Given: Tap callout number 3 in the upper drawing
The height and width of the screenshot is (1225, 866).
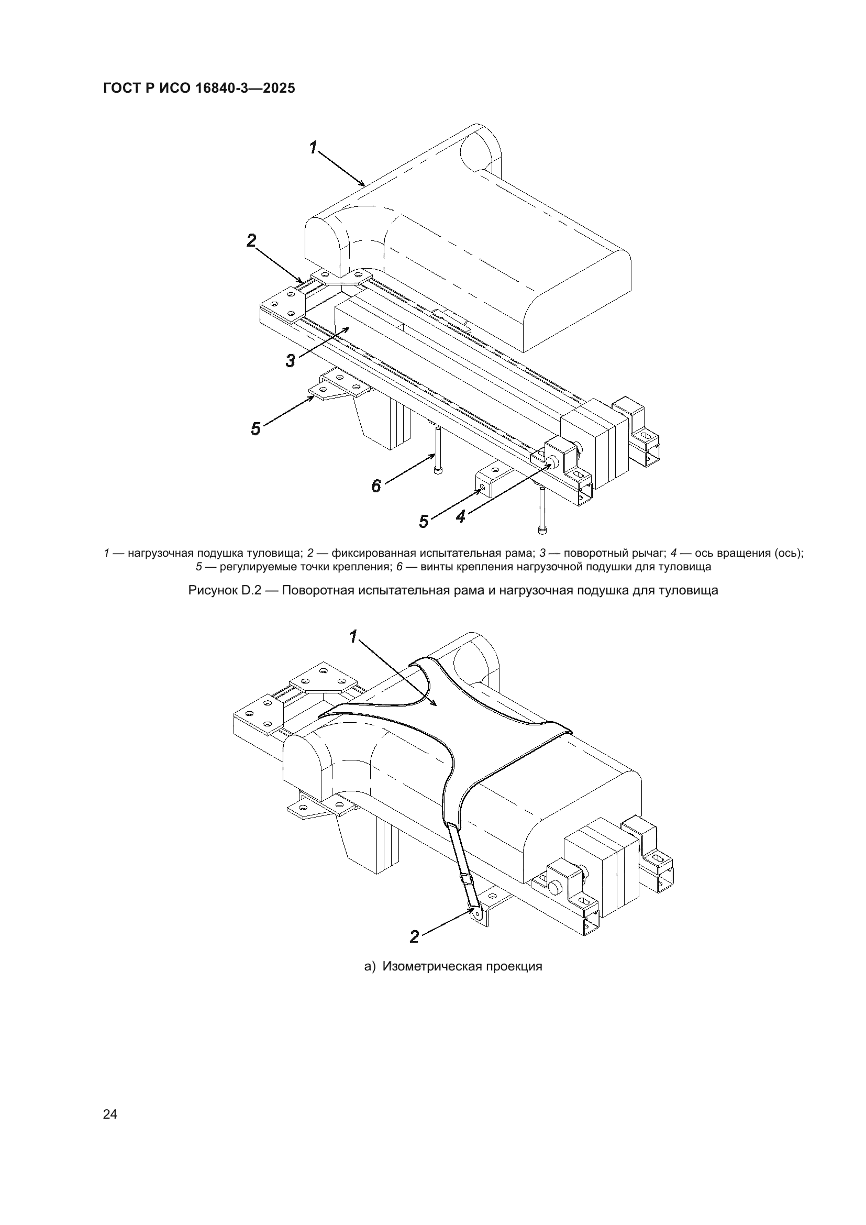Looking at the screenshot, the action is [x=290, y=361].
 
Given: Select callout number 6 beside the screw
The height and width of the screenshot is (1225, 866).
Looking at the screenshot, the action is [x=376, y=485].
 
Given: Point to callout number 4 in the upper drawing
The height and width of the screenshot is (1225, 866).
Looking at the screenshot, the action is [x=461, y=516].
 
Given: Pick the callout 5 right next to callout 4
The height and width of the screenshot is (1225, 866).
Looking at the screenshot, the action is [x=424, y=521].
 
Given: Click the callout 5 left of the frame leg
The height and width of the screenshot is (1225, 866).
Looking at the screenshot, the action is [x=256, y=428].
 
